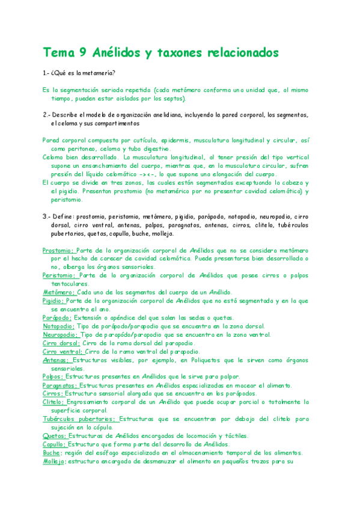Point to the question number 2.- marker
tap(46, 114)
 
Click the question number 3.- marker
tap(46, 215)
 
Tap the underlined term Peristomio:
tap(59, 275)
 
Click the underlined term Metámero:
tap(59, 292)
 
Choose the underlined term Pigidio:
tap(53, 300)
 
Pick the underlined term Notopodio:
tap(58, 326)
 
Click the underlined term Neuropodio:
tap(60, 334)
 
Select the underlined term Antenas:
tap(56, 360)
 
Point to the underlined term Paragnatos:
tap(60, 385)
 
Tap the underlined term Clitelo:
tap(55, 402)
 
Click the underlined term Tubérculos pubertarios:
tap(79, 419)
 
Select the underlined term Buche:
tap(52, 453)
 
